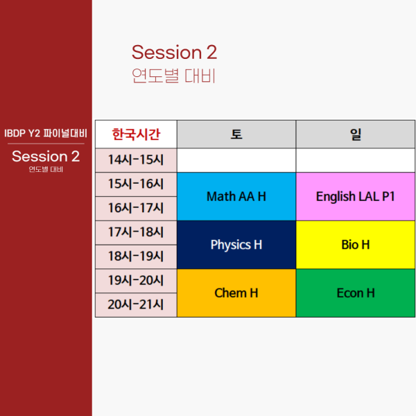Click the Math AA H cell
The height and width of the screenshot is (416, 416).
coord(236,197)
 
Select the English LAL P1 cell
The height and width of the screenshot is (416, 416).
coord(356,197)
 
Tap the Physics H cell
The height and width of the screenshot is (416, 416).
coord(236,245)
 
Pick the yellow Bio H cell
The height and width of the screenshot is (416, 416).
coord(356,245)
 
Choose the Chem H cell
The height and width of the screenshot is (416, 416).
coord(236,293)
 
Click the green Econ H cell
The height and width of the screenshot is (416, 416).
coord(356,293)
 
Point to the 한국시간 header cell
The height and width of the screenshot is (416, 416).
coord(136,135)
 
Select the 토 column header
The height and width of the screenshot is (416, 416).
coord(236,135)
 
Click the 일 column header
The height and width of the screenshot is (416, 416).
coord(356,135)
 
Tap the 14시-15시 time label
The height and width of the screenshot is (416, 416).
coord(136,160)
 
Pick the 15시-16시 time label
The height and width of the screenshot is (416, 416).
coord(136,184)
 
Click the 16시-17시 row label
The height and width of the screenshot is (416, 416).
coord(136,208)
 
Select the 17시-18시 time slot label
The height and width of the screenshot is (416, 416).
coord(136,232)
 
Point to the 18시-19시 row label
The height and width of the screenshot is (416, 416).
coord(136,257)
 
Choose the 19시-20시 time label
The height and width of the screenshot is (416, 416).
coord(136,281)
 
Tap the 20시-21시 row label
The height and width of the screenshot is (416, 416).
coord(136,305)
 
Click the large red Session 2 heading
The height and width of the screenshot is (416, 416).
coord(174,52)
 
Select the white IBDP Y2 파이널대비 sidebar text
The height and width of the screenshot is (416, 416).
coord(46,133)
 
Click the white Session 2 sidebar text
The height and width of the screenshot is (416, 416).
coord(46,156)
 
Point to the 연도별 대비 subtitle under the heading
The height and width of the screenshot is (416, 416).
coord(173,76)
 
